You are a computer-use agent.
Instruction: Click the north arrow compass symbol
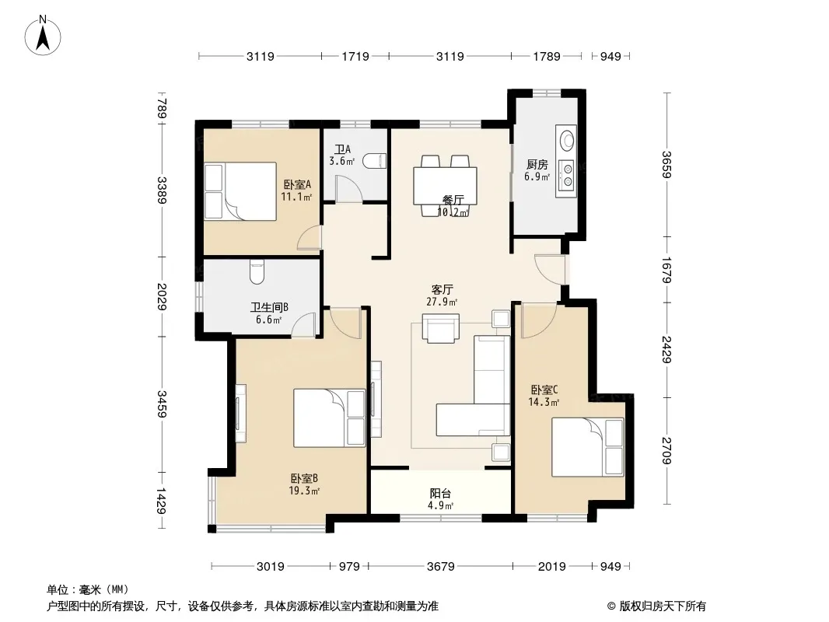click(x=43, y=36)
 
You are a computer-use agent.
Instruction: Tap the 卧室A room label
click(x=297, y=184)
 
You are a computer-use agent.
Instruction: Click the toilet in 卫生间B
click(x=257, y=271)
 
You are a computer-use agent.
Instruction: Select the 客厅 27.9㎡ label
click(x=442, y=295)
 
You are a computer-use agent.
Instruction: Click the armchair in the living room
click(x=440, y=327)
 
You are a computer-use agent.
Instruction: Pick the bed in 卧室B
click(x=330, y=418)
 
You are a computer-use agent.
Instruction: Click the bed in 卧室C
click(x=588, y=447)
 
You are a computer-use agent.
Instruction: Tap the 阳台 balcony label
click(x=440, y=494)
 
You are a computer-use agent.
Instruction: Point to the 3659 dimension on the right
click(x=666, y=165)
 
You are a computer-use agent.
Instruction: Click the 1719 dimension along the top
click(x=355, y=56)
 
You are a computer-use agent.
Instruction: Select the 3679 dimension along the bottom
click(x=441, y=567)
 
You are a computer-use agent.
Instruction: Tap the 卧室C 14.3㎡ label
click(x=544, y=396)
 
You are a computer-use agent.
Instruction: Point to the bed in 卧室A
click(x=240, y=190)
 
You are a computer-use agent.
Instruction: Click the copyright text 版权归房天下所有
click(x=663, y=606)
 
